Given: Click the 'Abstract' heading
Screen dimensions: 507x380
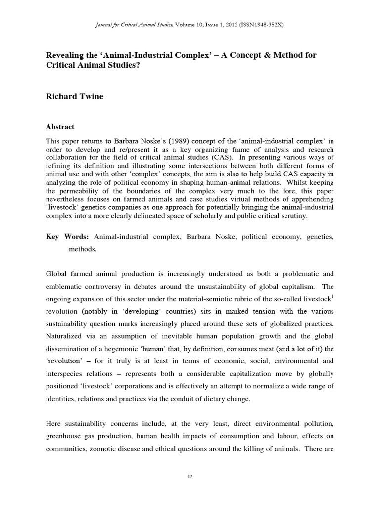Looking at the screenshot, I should click(60, 126).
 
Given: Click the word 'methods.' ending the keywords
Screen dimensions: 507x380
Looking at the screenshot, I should click(82, 250).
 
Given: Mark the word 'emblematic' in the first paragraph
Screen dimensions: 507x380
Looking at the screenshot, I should click(65, 287).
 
